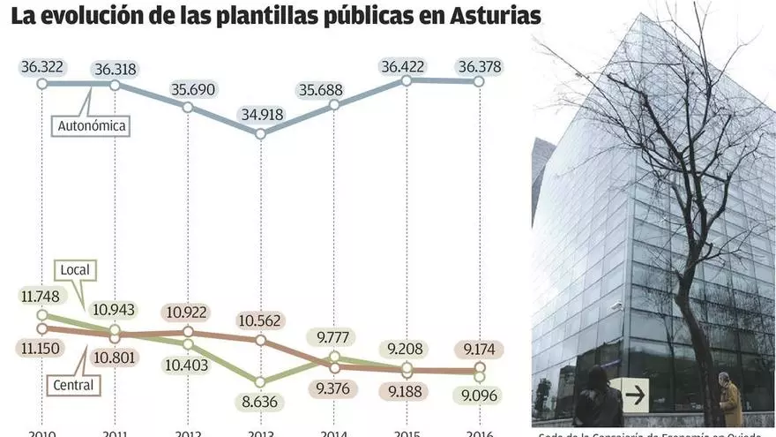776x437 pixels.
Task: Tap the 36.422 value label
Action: [x=407, y=66]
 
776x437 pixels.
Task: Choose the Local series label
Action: [x=77, y=268]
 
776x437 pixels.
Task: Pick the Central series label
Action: [x=72, y=384]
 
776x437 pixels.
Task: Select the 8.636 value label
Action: [x=260, y=403]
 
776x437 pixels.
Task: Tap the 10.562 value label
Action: [x=260, y=320]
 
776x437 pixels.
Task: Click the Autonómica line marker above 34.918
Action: [x=260, y=133]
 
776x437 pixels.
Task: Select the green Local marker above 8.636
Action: [x=260, y=381]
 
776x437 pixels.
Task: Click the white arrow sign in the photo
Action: [x=633, y=396]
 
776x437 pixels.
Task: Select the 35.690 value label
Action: [x=188, y=89]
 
